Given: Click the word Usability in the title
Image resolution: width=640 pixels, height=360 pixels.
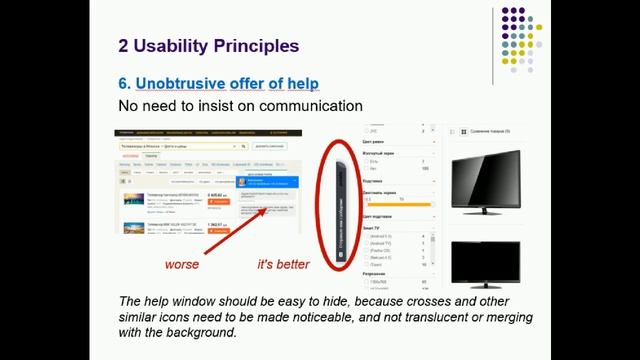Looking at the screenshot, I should coord(176,45).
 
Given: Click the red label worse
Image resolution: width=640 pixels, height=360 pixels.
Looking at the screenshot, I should coord(182,265).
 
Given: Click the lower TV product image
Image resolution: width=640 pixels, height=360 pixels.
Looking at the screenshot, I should coord(486,265).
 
